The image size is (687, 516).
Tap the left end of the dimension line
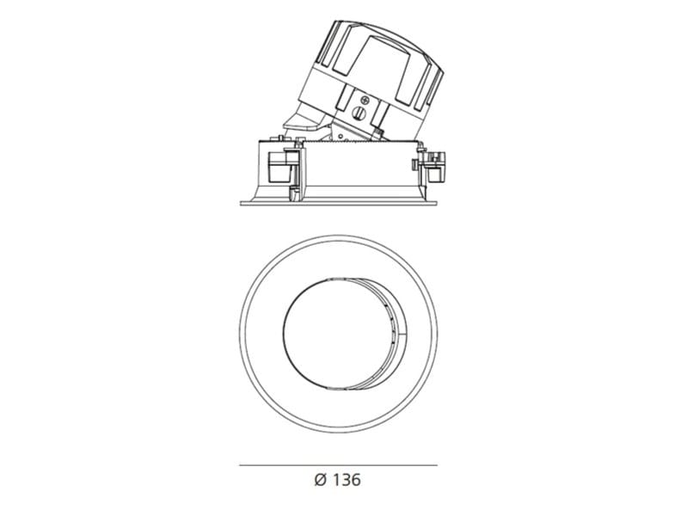coord(239,465)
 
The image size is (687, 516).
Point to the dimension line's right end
coord(437,465)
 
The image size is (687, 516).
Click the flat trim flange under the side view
coord(339,203)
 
